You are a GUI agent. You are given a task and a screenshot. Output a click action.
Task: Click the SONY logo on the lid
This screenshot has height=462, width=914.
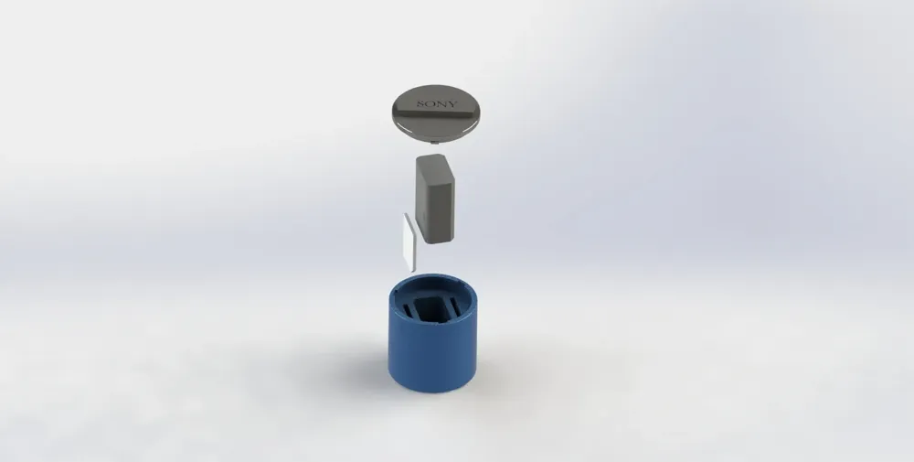tap(437, 104)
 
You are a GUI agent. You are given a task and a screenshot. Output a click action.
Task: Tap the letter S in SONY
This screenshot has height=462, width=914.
tap(420, 104)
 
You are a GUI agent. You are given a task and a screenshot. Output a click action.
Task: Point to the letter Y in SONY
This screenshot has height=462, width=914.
tap(453, 105)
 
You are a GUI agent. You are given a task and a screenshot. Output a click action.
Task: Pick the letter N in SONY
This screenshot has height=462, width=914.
tap(441, 104)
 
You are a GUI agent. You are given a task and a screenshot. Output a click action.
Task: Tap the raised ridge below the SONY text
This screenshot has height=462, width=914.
tap(437, 114)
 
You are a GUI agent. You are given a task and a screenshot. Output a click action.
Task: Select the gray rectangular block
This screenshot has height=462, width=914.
tap(434, 199)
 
